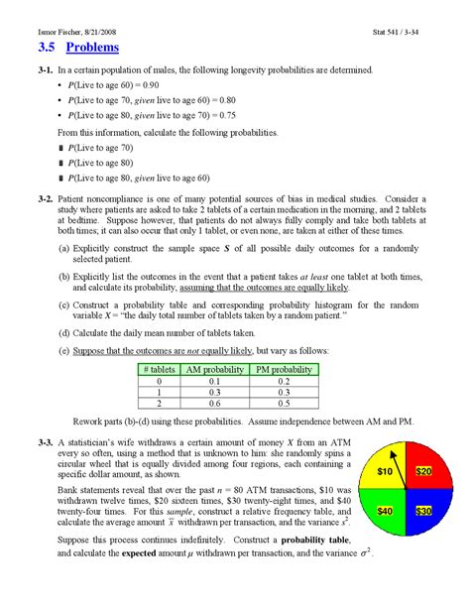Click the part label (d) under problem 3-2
pos(64,333)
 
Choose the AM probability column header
pos(214,369)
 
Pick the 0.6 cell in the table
pos(214,404)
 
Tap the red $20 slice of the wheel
pos(423,472)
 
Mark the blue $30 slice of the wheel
pos(423,510)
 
